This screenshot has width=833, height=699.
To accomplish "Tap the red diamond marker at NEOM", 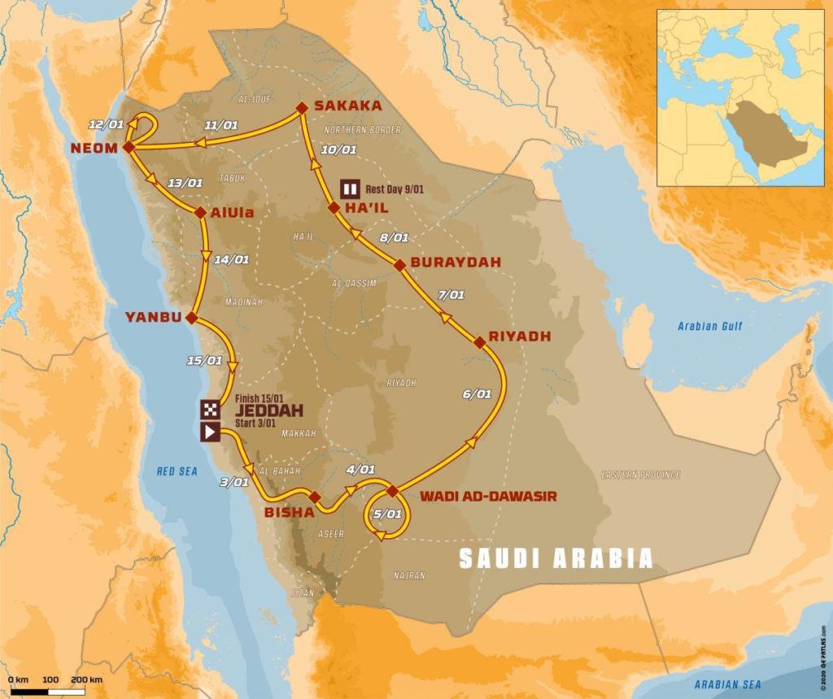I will click(128, 147).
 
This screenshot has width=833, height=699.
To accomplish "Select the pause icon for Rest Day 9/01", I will click(350, 189).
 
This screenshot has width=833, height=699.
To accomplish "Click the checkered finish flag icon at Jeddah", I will click(210, 409).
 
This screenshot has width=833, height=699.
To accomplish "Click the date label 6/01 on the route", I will click(477, 394).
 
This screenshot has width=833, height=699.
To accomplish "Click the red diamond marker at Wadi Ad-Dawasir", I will click(392, 490).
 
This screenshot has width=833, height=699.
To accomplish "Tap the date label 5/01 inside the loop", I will click(386, 514).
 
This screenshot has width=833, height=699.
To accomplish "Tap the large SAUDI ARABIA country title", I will click(556, 558).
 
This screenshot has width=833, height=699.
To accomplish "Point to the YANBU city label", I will click(152, 317).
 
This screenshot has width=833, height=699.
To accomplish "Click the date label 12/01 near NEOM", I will click(108, 124).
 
